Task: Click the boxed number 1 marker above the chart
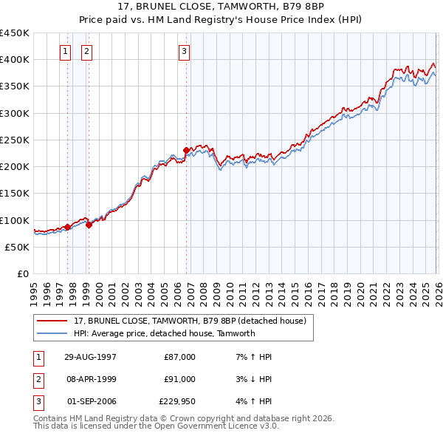[66, 51]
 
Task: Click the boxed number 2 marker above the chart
[87, 51]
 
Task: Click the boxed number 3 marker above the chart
[184, 51]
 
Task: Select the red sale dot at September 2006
[186, 150]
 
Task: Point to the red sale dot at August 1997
[68, 227]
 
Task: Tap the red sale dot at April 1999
[89, 225]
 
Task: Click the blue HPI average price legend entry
[164, 333]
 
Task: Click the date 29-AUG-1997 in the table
[91, 357]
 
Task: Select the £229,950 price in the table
[177, 401]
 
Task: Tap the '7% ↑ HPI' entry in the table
[253, 357]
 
